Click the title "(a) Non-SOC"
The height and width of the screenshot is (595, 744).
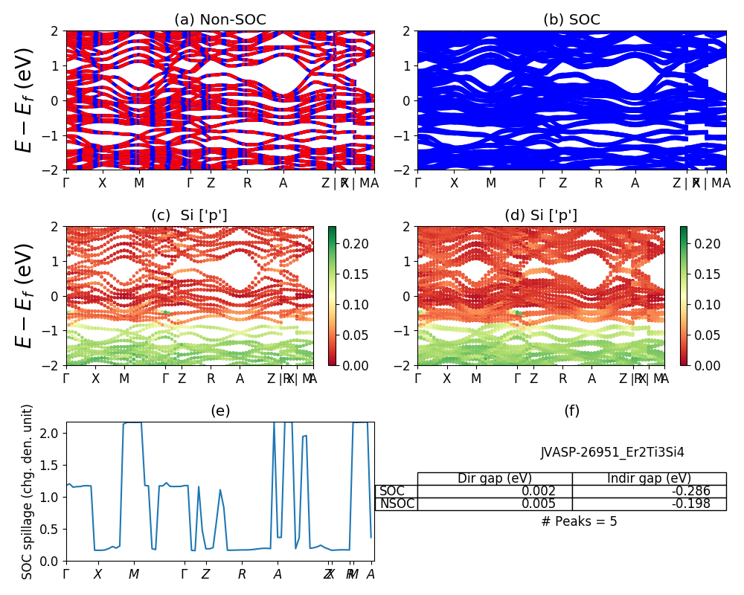pos(219,20)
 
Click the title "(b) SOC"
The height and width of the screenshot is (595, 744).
pos(571,20)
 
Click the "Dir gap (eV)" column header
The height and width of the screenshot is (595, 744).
pos(494,478)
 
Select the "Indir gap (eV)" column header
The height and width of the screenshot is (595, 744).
pos(649,478)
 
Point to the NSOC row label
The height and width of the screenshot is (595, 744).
pos(397,504)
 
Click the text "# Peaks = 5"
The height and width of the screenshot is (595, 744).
pos(579,521)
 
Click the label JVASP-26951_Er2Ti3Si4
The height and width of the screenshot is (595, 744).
pos(612,452)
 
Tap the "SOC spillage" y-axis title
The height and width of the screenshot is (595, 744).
pos(28,492)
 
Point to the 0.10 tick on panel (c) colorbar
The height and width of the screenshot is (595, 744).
pos(355,304)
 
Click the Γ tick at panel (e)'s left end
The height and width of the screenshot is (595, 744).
pos(66,574)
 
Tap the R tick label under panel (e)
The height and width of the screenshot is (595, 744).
pos(242,574)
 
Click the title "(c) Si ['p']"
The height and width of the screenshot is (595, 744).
pos(189,216)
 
